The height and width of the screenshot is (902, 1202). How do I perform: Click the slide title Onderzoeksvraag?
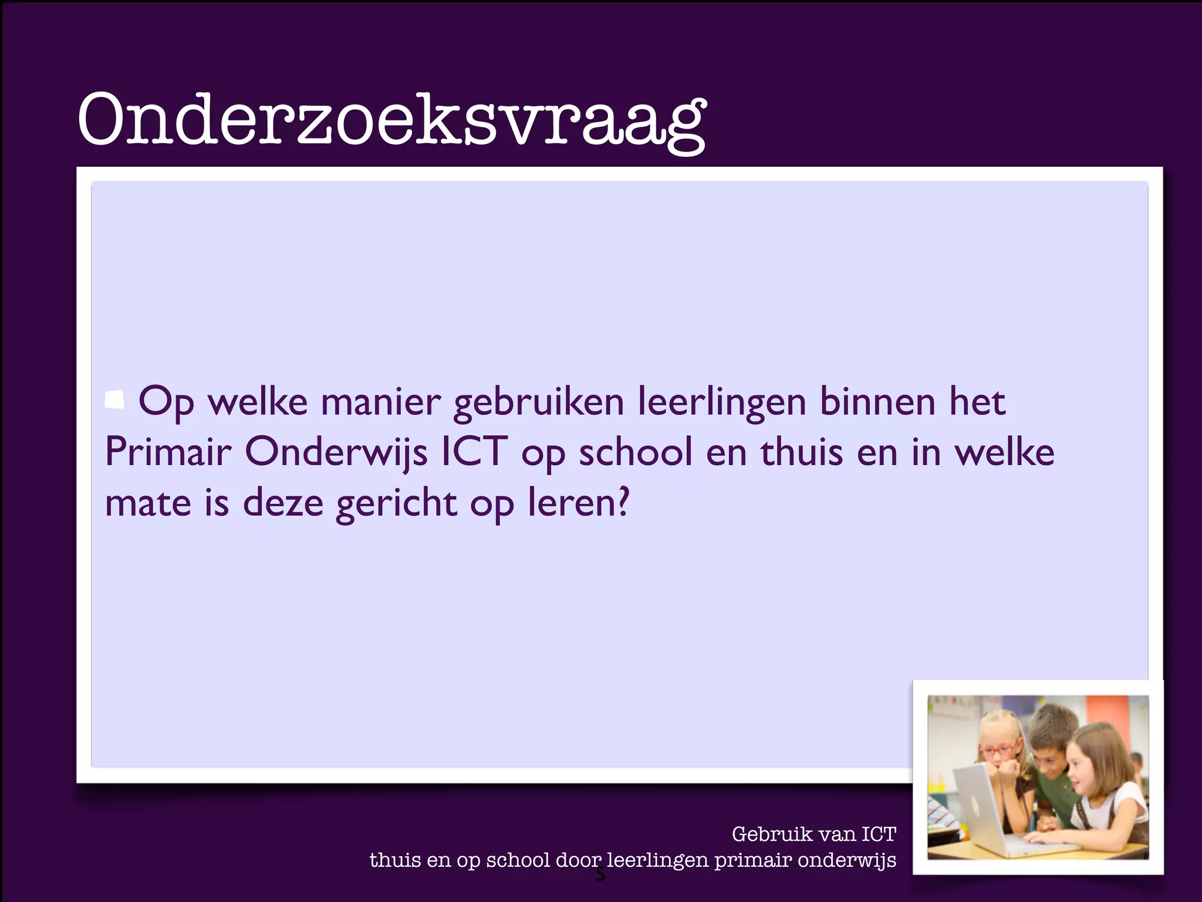click(x=392, y=121)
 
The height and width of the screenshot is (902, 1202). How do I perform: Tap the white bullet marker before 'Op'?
click(x=114, y=400)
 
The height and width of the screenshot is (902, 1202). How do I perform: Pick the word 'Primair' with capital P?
click(x=168, y=452)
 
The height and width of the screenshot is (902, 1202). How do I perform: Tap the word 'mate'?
click(x=148, y=503)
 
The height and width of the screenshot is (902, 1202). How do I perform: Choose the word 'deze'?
click(x=283, y=503)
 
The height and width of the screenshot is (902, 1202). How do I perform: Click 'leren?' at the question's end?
click(x=578, y=503)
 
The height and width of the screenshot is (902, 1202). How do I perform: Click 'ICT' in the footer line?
click(x=879, y=834)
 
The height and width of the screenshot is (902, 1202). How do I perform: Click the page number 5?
click(x=600, y=876)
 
